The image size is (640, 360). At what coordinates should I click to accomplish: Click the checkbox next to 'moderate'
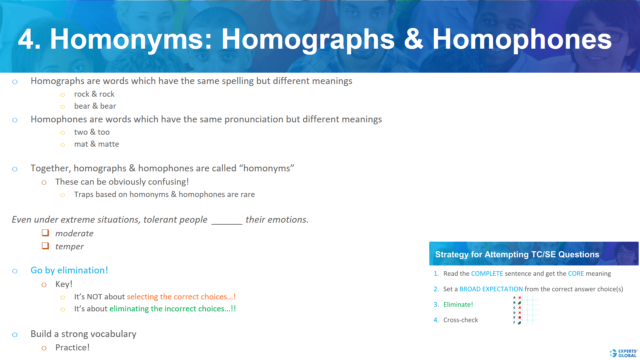(45, 233)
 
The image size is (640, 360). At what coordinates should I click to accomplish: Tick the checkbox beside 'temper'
(45, 246)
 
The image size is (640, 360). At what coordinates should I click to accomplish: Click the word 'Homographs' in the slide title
(308, 39)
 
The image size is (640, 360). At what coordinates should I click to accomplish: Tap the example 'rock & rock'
(94, 94)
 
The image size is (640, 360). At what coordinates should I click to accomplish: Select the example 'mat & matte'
(96, 144)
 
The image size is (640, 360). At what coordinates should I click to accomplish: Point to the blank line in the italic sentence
(227, 221)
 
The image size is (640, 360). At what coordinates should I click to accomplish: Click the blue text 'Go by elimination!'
(69, 270)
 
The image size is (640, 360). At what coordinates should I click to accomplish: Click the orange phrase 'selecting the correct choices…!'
(181, 297)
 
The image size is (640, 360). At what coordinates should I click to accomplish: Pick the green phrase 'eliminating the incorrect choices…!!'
(172, 309)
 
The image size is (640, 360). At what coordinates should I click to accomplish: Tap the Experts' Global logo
(624, 353)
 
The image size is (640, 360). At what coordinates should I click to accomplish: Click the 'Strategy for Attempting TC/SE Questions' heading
(517, 254)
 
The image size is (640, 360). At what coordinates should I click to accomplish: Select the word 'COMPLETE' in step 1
(487, 274)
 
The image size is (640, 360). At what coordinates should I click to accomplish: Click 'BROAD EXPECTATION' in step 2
(491, 289)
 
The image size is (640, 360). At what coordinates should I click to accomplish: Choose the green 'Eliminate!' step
(458, 305)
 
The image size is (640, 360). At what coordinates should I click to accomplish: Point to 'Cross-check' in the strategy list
(460, 320)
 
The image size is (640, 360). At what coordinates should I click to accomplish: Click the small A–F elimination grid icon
(524, 310)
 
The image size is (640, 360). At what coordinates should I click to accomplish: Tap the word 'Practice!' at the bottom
(72, 348)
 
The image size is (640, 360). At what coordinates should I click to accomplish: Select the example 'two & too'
(92, 132)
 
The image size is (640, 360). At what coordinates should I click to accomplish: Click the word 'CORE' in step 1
(576, 274)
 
